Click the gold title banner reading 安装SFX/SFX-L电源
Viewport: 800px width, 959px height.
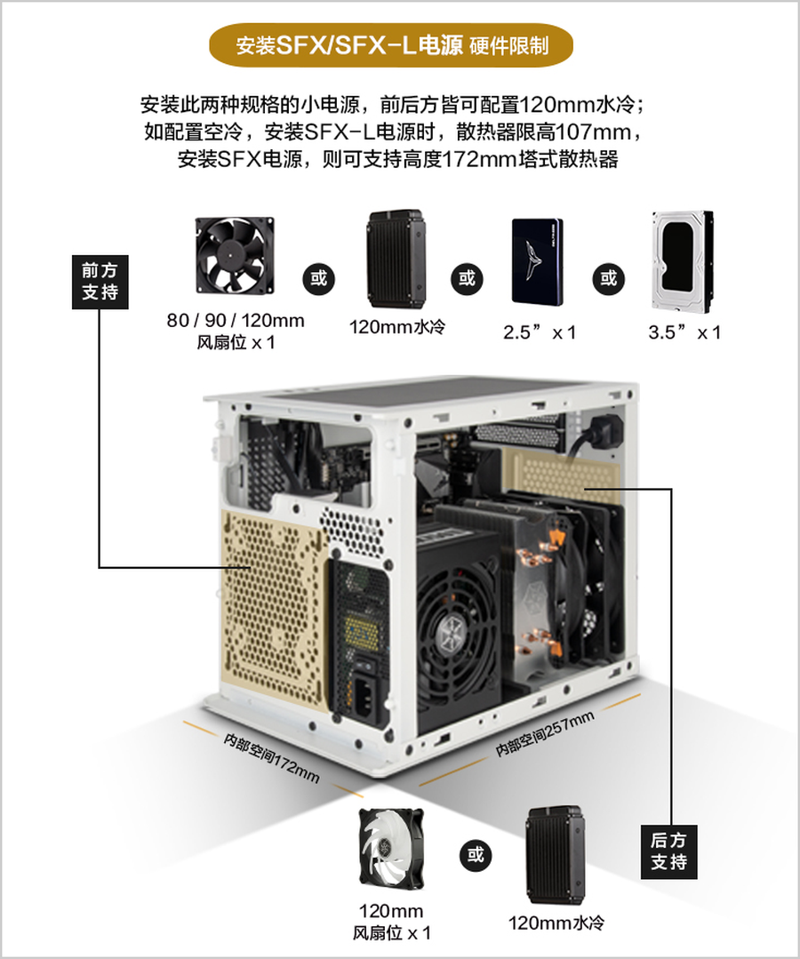point(391,45)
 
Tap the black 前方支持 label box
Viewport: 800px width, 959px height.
point(100,282)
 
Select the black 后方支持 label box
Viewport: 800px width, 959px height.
point(668,852)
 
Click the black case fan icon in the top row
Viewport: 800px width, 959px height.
point(235,254)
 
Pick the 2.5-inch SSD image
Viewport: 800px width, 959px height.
point(537,261)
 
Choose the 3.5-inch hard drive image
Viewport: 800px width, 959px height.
point(683,261)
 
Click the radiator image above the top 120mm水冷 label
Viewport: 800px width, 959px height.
point(396,259)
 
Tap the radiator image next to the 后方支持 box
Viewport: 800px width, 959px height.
point(555,854)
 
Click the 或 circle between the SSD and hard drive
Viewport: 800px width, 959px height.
point(608,278)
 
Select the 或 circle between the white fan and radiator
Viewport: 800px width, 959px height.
point(476,854)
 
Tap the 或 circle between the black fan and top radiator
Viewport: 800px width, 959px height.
point(318,278)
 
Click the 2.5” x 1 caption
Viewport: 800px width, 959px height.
point(540,332)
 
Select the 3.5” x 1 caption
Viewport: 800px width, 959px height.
point(684,332)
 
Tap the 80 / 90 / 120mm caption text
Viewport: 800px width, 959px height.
point(236,321)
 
